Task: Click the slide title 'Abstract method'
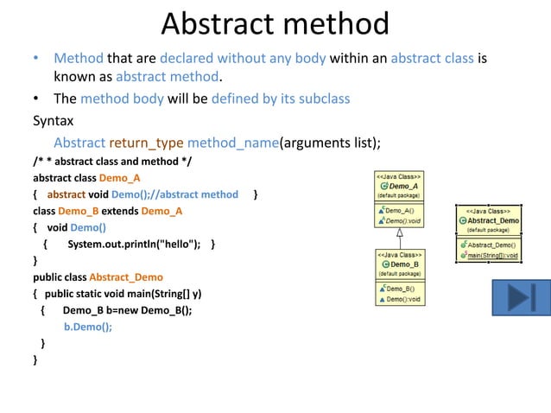[x=275, y=24]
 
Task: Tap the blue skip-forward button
[x=521, y=296]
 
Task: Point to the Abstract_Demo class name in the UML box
[x=492, y=219]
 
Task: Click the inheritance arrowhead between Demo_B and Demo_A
[x=400, y=232]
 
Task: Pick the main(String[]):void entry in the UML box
[x=492, y=255]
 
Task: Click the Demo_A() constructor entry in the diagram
[x=399, y=210]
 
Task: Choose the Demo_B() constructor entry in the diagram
[x=399, y=288]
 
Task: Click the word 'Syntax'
[x=53, y=120]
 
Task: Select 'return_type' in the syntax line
[x=146, y=143]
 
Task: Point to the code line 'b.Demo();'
[x=88, y=327]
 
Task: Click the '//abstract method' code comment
[x=198, y=194]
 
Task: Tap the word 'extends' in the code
[x=121, y=211]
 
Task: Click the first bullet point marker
[x=36, y=59]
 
